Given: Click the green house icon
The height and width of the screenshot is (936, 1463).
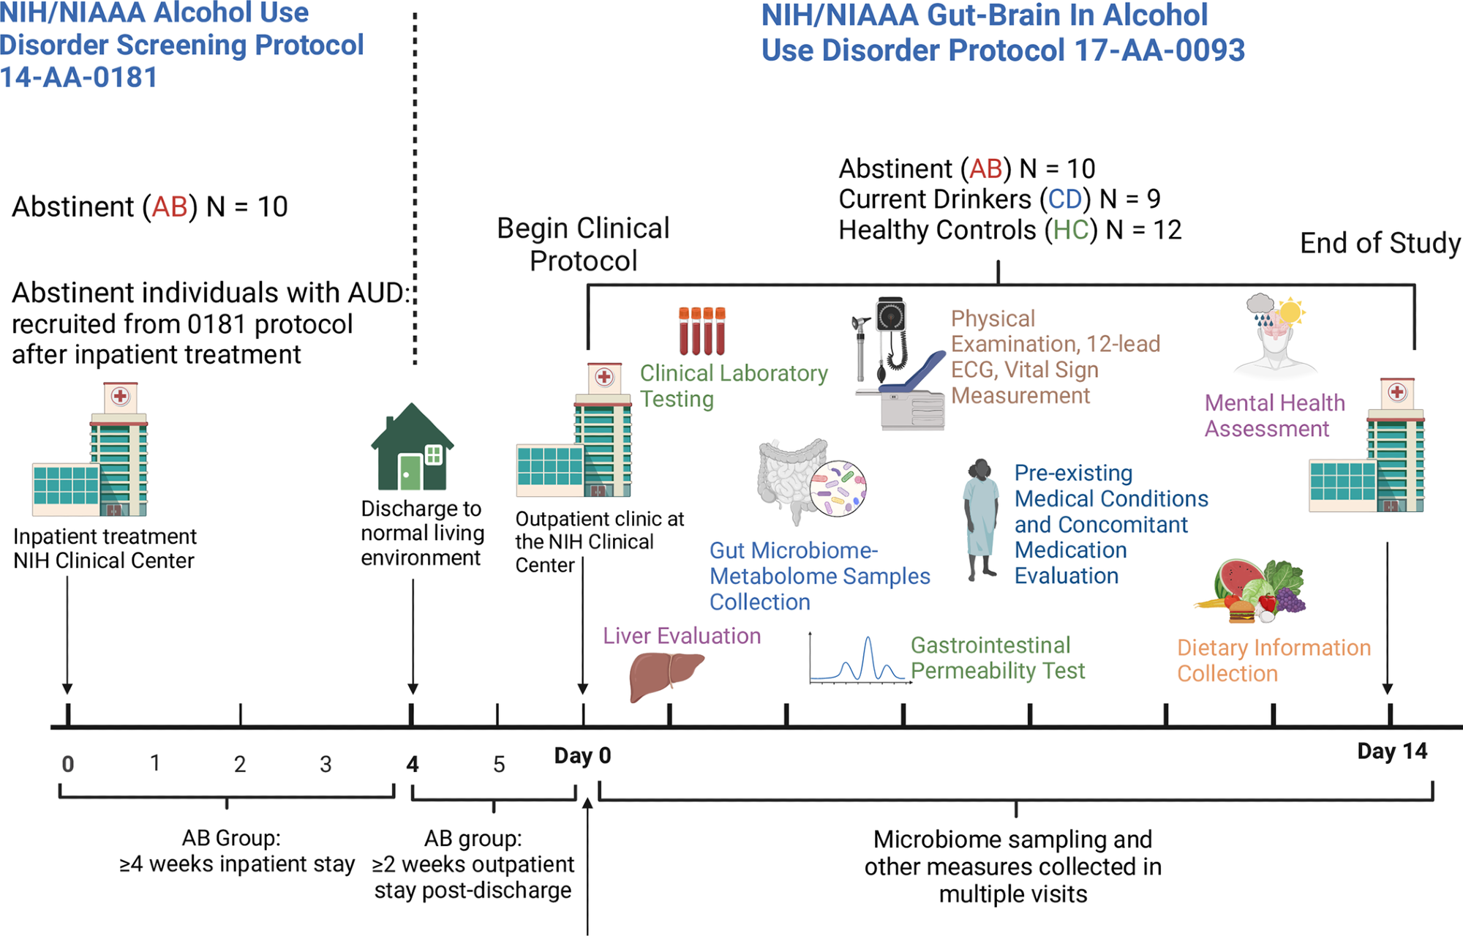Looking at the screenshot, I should point(412,448).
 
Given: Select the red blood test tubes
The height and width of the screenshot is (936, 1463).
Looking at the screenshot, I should point(702,331).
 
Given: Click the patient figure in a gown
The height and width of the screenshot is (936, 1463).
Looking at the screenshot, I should point(981,519).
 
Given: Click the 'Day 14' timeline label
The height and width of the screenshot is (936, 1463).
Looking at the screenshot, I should point(1391,752).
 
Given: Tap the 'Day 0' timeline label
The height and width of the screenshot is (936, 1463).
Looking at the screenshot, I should point(582,755).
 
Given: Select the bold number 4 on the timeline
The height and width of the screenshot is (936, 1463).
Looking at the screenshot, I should point(413,765).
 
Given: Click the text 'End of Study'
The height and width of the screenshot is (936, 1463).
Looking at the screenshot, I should point(1380,243).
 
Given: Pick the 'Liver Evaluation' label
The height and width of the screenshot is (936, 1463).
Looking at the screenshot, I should point(682,636).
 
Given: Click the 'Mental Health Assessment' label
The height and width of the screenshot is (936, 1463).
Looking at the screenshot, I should point(1274,416).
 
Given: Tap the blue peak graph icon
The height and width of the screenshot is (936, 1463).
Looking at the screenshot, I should point(860,659).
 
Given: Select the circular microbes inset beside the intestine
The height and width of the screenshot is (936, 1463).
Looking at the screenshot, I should point(838,488).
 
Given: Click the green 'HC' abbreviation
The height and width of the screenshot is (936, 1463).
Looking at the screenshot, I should point(1071,231).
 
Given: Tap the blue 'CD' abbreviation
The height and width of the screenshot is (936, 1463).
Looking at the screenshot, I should point(1064,199).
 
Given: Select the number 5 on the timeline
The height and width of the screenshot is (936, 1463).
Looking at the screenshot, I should point(499,765).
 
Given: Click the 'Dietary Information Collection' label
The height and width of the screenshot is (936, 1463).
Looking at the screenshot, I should point(1273,661).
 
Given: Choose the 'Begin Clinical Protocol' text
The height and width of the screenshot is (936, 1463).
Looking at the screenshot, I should point(583,244).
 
